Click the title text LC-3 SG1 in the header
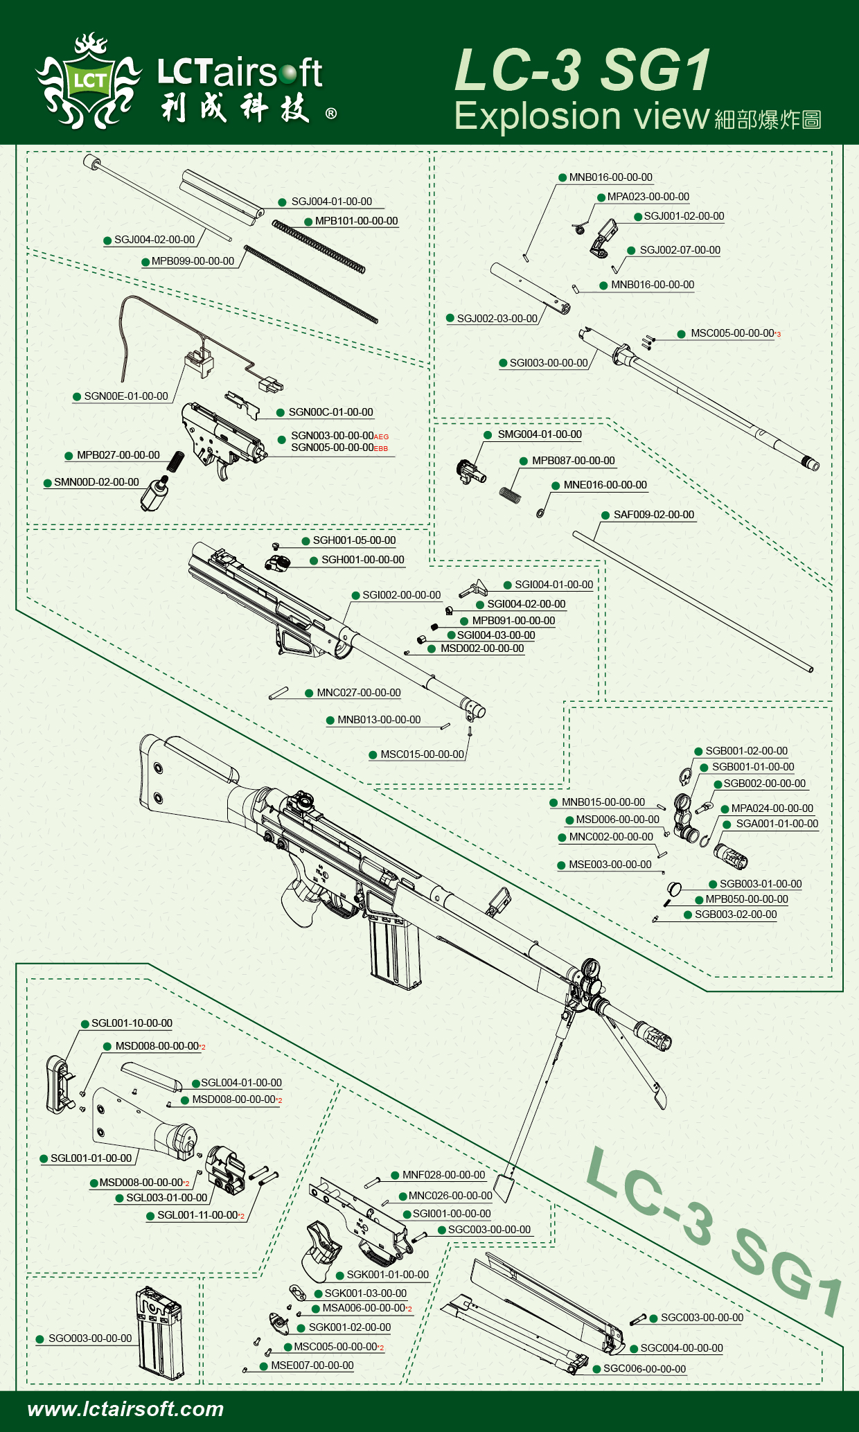(x=583, y=70)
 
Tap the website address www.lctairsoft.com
(x=125, y=1408)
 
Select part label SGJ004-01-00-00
(x=331, y=202)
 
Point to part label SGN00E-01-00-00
(x=126, y=396)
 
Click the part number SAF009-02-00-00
(x=653, y=515)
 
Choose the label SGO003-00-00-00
(x=89, y=1338)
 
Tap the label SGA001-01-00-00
(x=777, y=824)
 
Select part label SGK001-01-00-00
(x=387, y=1275)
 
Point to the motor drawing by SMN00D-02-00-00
(x=155, y=493)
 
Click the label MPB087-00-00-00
(x=573, y=461)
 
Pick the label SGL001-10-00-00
(x=132, y=1023)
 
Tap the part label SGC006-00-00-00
(x=644, y=1369)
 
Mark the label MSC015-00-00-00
(x=422, y=754)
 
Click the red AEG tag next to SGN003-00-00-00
(x=382, y=437)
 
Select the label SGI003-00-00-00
(x=548, y=363)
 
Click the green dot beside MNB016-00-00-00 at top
(x=563, y=178)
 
